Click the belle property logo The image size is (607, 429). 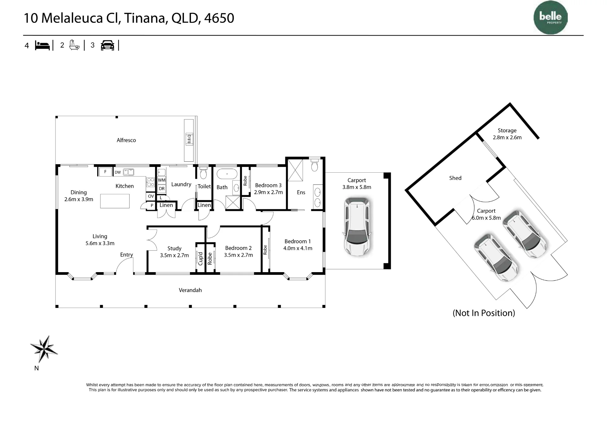pyautogui.click(x=551, y=18)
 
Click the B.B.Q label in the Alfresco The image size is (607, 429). pyautogui.click(x=189, y=139)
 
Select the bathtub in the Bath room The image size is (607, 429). pyautogui.click(x=227, y=174)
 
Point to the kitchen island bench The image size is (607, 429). pyautogui.click(x=115, y=201)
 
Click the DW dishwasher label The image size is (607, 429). pyautogui.click(x=118, y=172)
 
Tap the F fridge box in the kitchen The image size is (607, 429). pyautogui.click(x=105, y=172)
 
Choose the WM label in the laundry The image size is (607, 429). pyautogui.click(x=162, y=180)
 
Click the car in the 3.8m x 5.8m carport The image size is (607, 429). pyautogui.click(x=358, y=226)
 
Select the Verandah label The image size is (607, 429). pyautogui.click(x=190, y=290)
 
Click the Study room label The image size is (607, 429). pyautogui.click(x=174, y=248)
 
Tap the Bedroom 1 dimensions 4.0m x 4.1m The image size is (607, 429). pyautogui.click(x=298, y=248)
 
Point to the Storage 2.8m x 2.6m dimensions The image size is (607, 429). pyautogui.click(x=507, y=137)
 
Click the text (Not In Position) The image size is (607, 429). pyautogui.click(x=484, y=313)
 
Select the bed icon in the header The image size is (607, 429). pyautogui.click(x=42, y=46)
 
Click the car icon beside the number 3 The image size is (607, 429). pyautogui.click(x=107, y=45)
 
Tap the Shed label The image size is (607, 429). pyautogui.click(x=455, y=178)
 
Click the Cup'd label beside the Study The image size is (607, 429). pyautogui.click(x=200, y=258)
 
